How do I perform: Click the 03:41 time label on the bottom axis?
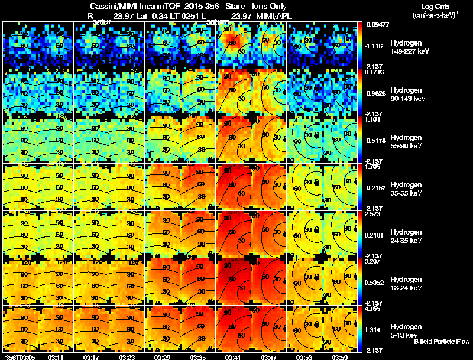click(233, 357)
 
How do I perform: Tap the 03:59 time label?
click(340, 357)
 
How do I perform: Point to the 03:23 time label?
click(127, 357)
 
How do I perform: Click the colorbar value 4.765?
click(374, 309)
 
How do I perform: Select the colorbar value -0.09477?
click(377, 25)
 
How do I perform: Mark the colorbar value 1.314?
click(374, 330)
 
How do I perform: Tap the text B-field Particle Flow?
click(442, 342)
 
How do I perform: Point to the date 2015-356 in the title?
click(200, 6)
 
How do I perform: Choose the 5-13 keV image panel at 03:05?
click(20, 329)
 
